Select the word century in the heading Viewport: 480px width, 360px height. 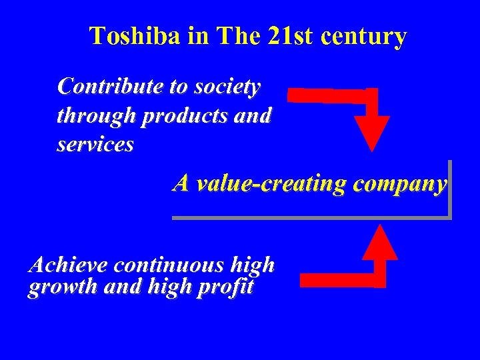[x=363, y=37]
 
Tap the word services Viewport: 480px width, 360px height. [x=95, y=145]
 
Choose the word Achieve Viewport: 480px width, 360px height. [x=69, y=265]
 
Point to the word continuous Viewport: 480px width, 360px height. [x=169, y=265]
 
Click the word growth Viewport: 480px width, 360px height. [x=59, y=287]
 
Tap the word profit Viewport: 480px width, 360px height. [x=225, y=287]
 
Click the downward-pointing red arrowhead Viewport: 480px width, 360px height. [x=371, y=133]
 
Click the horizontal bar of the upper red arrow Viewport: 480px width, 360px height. [x=327, y=95]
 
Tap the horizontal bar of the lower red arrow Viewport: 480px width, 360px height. [x=337, y=280]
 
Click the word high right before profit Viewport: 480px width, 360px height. [x=170, y=287]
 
